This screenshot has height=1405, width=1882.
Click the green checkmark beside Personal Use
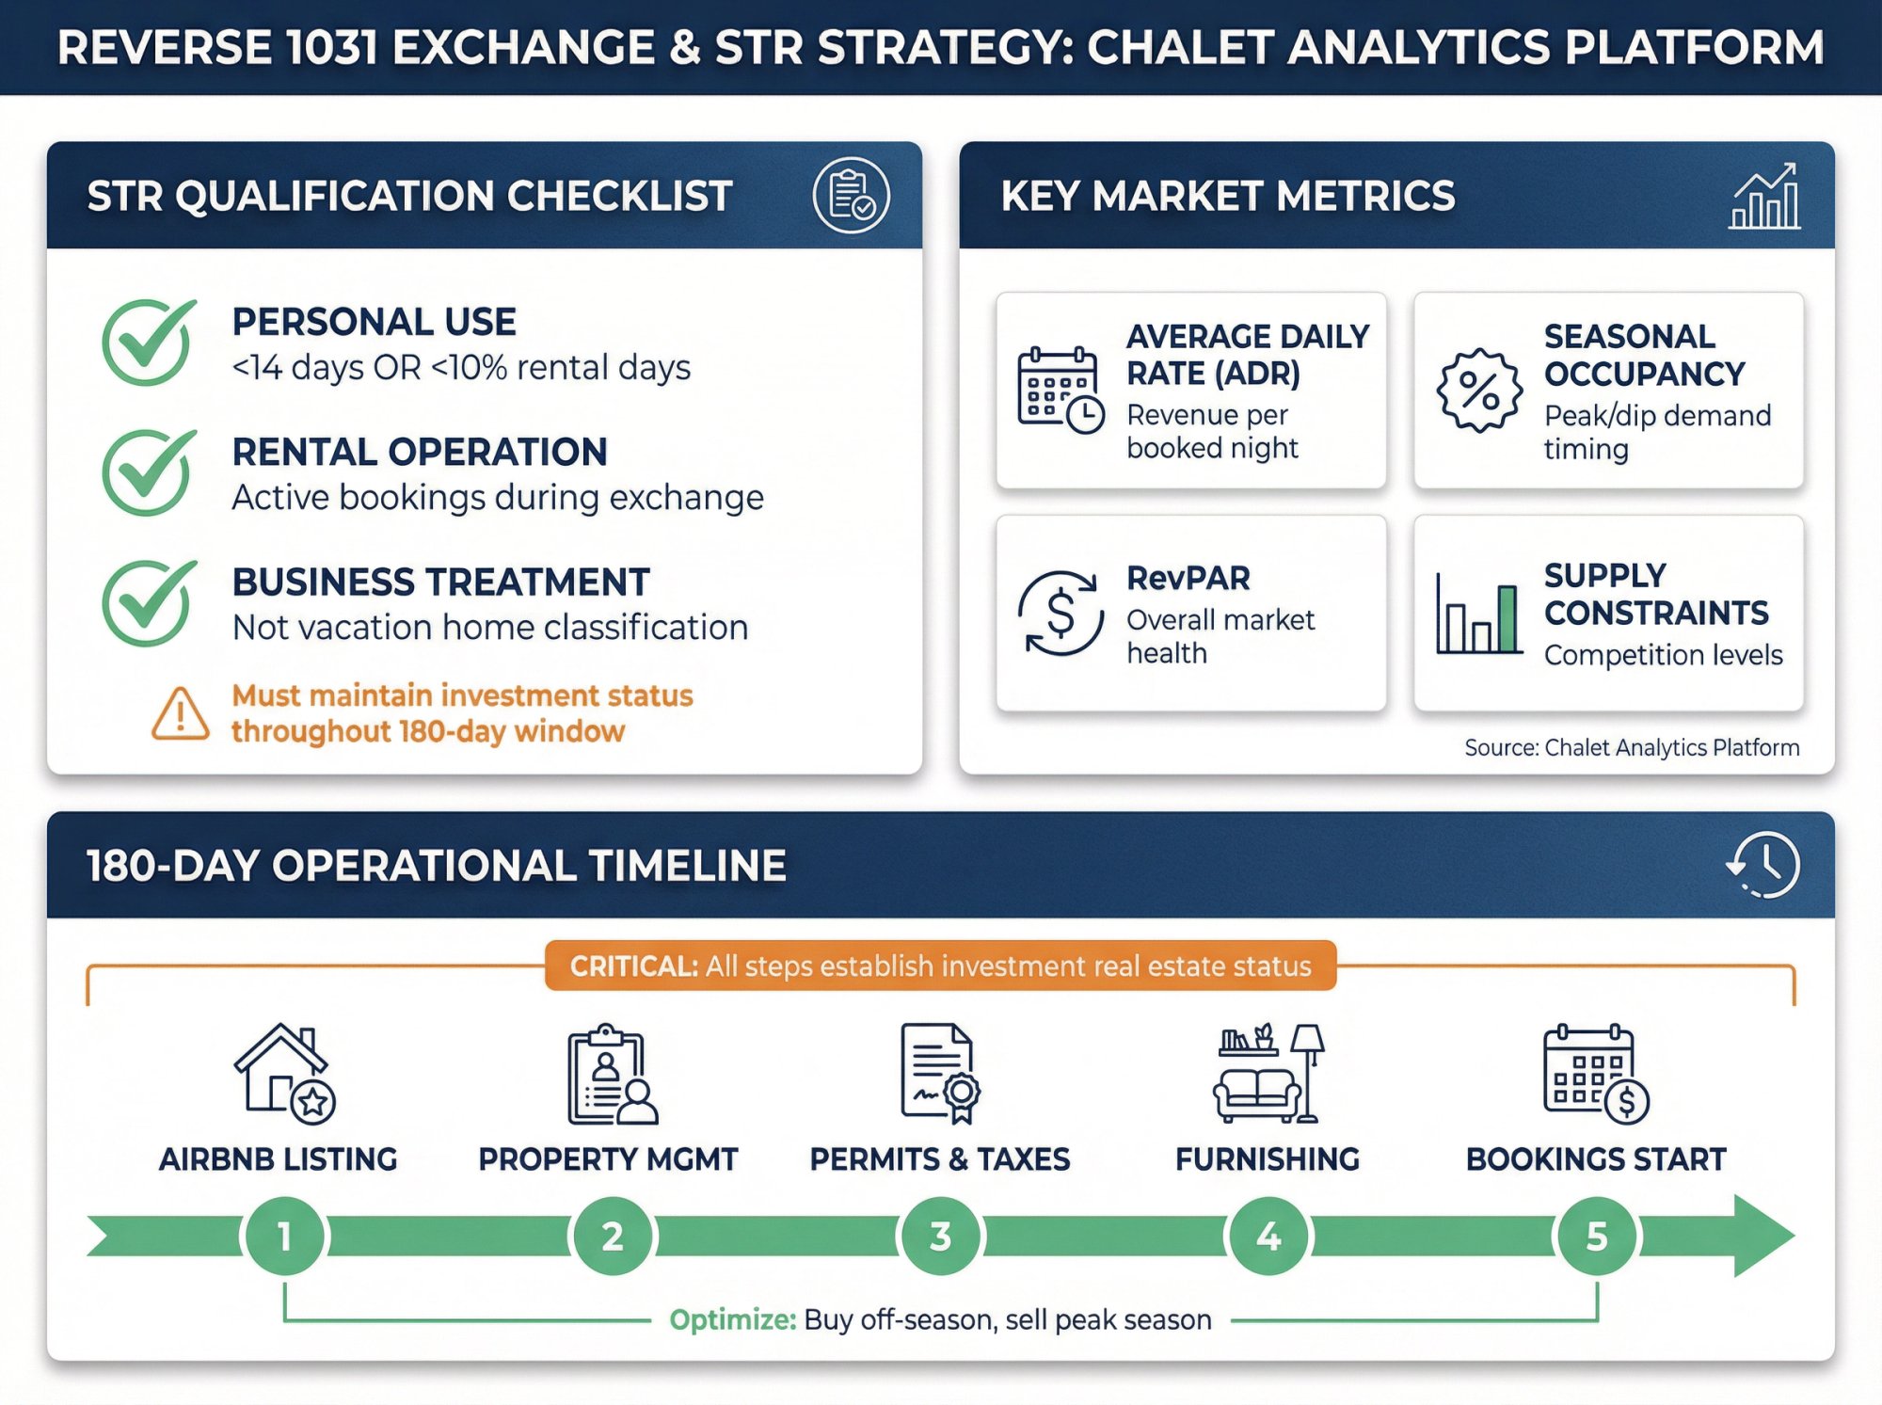[148, 343]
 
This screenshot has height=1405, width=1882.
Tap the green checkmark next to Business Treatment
[148, 603]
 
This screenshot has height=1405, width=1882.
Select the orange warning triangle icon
[180, 714]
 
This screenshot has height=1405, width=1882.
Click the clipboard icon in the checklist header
[851, 196]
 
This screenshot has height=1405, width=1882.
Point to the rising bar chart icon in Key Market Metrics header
[1764, 196]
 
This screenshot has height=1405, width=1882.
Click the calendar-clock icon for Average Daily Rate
[1060, 391]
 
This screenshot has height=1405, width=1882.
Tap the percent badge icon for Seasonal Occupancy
[1478, 391]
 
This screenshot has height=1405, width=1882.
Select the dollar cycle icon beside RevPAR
[1061, 614]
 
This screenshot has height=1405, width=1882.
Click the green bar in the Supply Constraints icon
[1507, 618]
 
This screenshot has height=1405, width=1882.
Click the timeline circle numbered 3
[940, 1236]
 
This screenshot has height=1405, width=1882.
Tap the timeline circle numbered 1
[284, 1236]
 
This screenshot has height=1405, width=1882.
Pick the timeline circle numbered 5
[1597, 1236]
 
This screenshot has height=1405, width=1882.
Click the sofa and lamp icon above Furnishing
[1268, 1074]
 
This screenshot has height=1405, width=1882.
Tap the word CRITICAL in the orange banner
[633, 966]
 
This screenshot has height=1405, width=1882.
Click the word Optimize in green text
[732, 1319]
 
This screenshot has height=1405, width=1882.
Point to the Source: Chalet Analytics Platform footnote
[1631, 747]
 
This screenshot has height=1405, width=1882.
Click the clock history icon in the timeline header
[1763, 865]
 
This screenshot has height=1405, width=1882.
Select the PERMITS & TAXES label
[939, 1159]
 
